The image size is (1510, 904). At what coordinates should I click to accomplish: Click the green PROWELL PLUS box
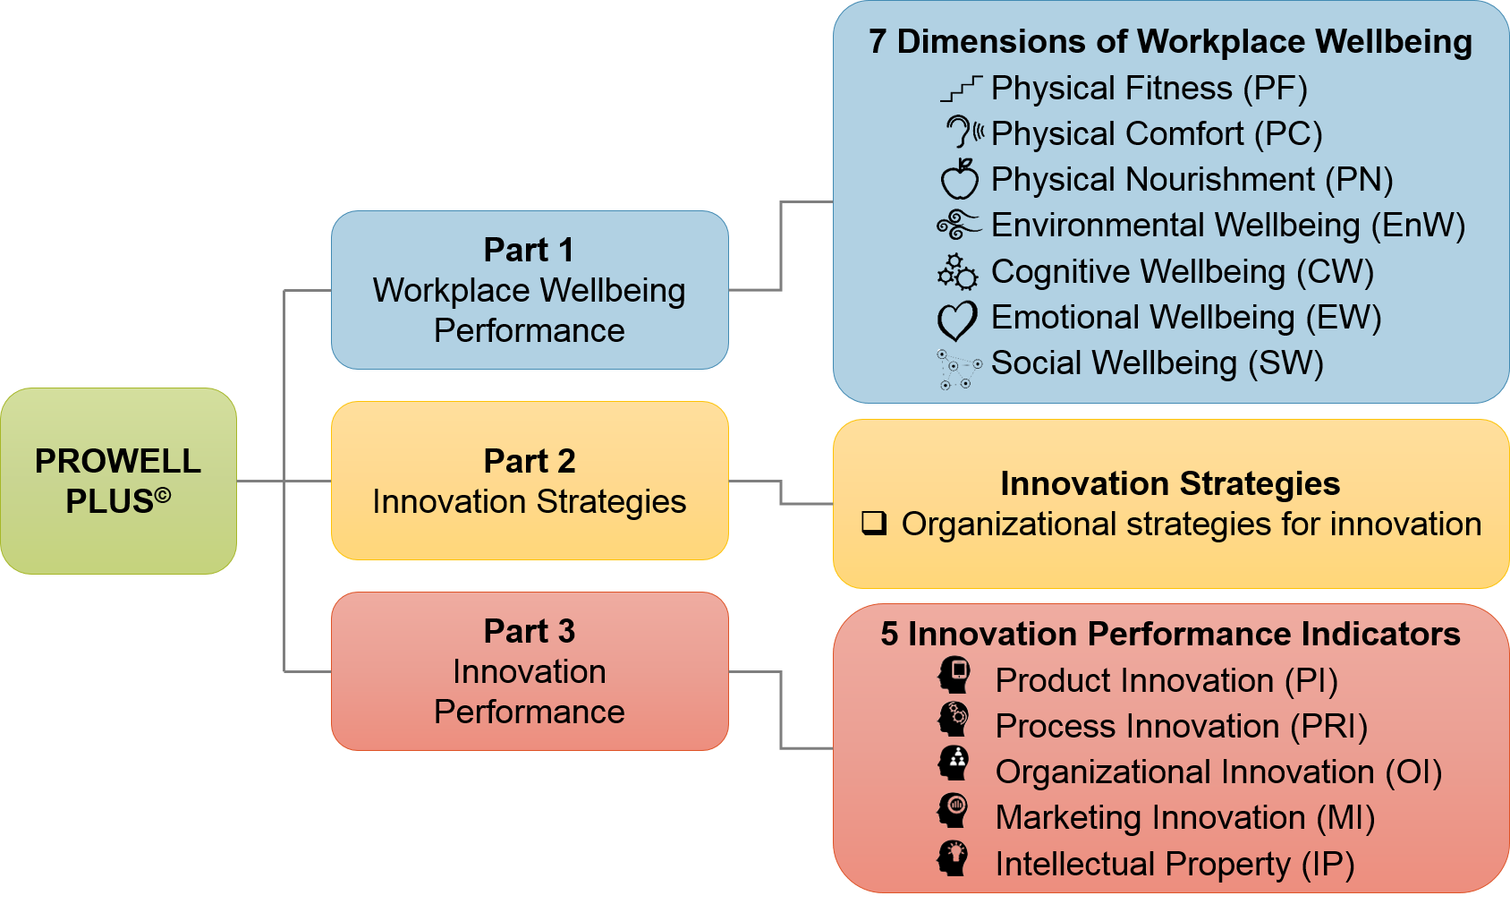119,481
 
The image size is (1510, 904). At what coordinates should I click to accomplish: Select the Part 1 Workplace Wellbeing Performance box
530,290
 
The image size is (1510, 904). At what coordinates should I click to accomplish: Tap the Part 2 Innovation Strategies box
530,481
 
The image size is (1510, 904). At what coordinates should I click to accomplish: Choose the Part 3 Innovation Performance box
530,671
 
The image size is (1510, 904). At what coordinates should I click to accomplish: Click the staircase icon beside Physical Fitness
961,89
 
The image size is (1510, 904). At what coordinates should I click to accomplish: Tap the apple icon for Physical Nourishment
959,179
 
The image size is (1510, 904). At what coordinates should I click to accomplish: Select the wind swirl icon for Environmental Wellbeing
959,225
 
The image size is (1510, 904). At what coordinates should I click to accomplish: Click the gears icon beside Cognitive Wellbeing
957,272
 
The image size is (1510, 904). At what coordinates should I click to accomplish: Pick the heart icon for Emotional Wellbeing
957,320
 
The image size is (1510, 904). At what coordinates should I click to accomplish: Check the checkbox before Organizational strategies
874,523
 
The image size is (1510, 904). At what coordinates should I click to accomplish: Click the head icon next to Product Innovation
954,675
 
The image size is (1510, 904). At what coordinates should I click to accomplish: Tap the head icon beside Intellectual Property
953,859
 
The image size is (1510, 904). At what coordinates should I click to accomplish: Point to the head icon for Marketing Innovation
953,810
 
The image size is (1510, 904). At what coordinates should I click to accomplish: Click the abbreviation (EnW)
1419,226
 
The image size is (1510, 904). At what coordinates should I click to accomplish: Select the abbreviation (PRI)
1328,727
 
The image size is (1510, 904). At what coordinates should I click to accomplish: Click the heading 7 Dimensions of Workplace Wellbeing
1170,42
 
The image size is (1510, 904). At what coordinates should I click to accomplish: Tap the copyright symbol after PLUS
163,496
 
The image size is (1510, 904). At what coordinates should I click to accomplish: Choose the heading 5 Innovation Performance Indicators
1170,635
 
